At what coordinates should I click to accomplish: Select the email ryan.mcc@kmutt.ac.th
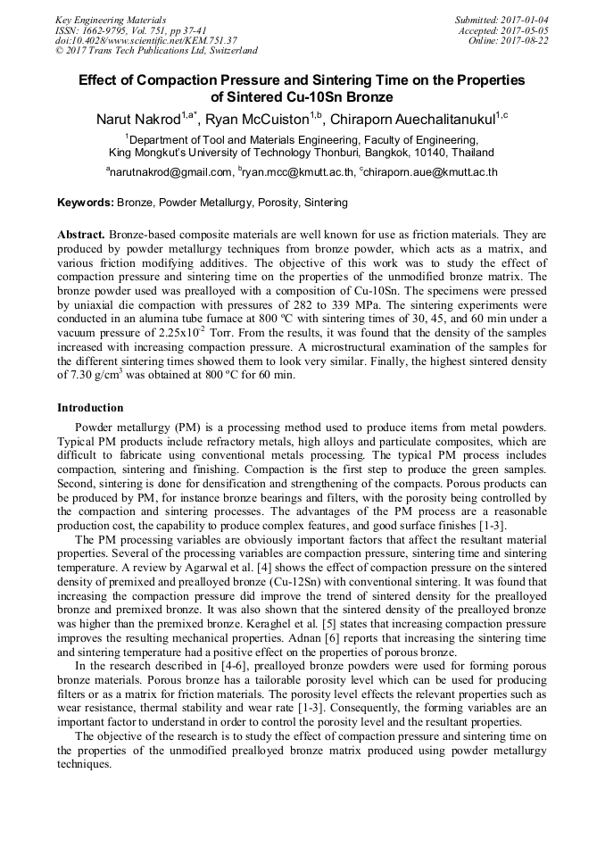tap(298, 172)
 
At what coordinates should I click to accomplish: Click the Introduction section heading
tap(90, 408)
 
